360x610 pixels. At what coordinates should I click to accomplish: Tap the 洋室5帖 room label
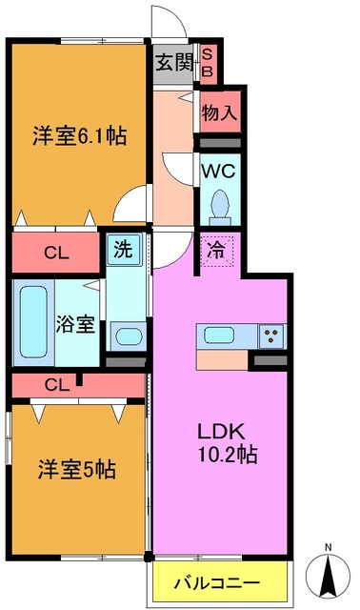[x=78, y=469]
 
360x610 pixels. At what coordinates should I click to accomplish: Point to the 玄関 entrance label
[x=174, y=65]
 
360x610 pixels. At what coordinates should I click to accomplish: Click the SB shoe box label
[x=210, y=64]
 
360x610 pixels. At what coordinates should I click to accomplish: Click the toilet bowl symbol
[x=221, y=203]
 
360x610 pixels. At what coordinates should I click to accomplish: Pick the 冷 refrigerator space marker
[x=217, y=253]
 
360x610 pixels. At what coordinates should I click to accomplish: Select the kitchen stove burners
[x=270, y=335]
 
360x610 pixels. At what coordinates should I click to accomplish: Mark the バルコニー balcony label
[x=220, y=579]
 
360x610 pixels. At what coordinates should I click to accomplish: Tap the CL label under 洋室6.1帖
[x=56, y=254]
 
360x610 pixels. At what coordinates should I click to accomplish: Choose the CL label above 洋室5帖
[x=56, y=385]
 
